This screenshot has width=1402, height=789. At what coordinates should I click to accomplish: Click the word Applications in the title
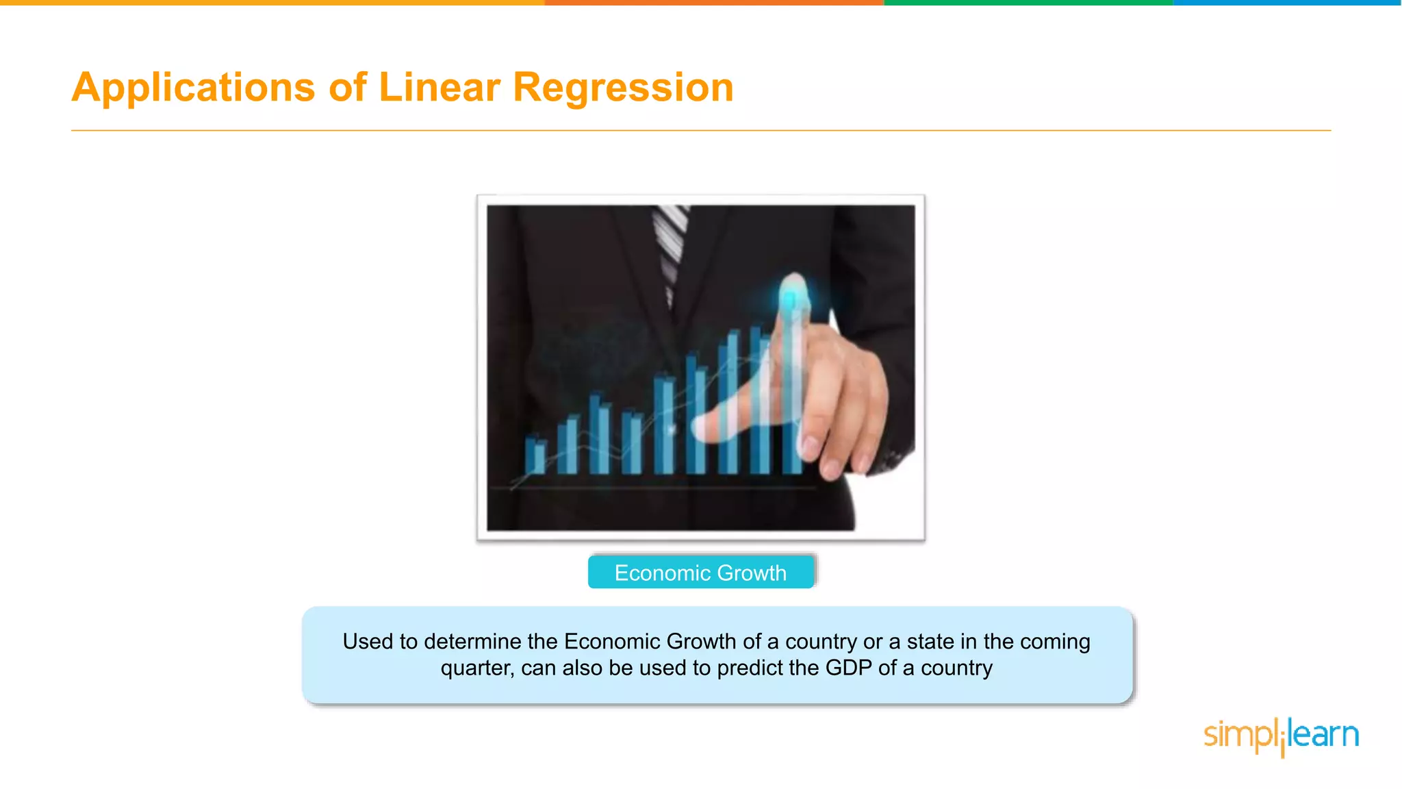(x=193, y=88)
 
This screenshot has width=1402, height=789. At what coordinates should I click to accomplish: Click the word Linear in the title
(x=439, y=88)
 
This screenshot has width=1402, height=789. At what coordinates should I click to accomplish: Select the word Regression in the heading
(x=622, y=88)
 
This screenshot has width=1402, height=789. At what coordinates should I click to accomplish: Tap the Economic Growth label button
(x=700, y=573)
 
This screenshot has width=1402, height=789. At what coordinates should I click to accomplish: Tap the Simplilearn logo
(x=1281, y=736)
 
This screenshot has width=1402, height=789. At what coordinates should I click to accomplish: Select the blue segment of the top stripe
(x=1287, y=3)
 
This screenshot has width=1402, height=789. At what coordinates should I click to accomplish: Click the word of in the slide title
(x=348, y=88)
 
